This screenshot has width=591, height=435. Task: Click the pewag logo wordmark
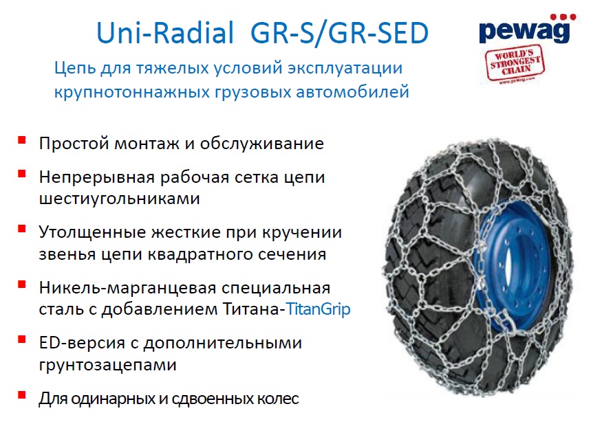click(524, 32)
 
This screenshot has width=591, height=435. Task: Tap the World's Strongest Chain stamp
click(515, 63)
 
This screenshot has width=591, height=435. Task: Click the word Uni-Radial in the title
click(165, 33)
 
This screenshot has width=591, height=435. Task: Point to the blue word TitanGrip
click(319, 309)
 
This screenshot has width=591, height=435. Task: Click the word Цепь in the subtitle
click(75, 69)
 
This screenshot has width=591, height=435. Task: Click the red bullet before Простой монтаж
click(22, 140)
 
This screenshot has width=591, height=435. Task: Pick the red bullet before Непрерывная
click(22, 174)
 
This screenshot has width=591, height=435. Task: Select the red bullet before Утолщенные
click(22, 229)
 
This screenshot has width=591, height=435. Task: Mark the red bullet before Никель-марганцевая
click(22, 285)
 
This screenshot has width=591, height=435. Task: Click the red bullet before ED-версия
click(22, 339)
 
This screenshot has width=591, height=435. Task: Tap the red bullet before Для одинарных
click(22, 395)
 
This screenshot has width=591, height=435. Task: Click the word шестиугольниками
click(119, 199)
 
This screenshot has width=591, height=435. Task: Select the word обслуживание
click(261, 144)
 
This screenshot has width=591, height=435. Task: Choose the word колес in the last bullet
click(277, 399)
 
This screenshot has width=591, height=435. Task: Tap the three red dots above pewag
click(563, 17)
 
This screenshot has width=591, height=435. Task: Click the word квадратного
click(199, 254)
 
